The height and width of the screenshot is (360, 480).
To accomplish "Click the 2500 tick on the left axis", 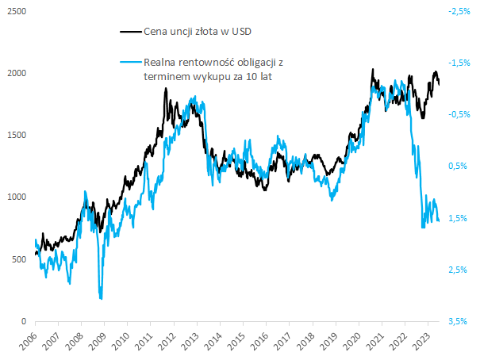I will pos(16,12).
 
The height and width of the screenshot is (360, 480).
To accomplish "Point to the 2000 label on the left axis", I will pos(16,74).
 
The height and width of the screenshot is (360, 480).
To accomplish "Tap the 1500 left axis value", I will pos(16,136).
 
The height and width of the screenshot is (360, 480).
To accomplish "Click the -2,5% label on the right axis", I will pos(459,12).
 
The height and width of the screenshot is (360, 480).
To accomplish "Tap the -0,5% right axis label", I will pos(459,114).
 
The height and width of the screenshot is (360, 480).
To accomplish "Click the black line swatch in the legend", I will pos(129,32).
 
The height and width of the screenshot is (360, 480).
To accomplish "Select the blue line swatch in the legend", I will pos(129,62).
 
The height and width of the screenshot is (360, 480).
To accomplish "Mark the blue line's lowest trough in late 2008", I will pos(101,298).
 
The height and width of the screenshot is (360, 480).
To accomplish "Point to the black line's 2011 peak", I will pos(166,89).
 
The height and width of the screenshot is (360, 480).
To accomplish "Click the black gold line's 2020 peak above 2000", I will pos(373,70).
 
